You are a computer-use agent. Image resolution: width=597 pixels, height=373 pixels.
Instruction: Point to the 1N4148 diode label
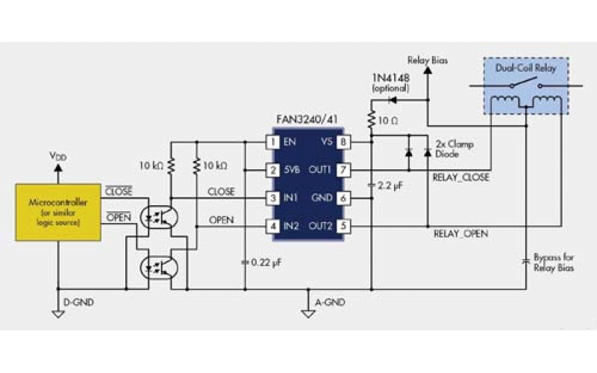pos(389,78)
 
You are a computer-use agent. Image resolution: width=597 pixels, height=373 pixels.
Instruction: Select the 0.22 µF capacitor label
pos(266,262)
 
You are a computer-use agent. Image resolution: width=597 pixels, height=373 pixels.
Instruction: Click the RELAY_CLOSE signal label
pos(460,178)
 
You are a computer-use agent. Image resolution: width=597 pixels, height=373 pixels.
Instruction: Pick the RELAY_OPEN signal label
pos(460,233)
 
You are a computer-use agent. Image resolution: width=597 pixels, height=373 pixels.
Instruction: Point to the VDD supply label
pos(57,157)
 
